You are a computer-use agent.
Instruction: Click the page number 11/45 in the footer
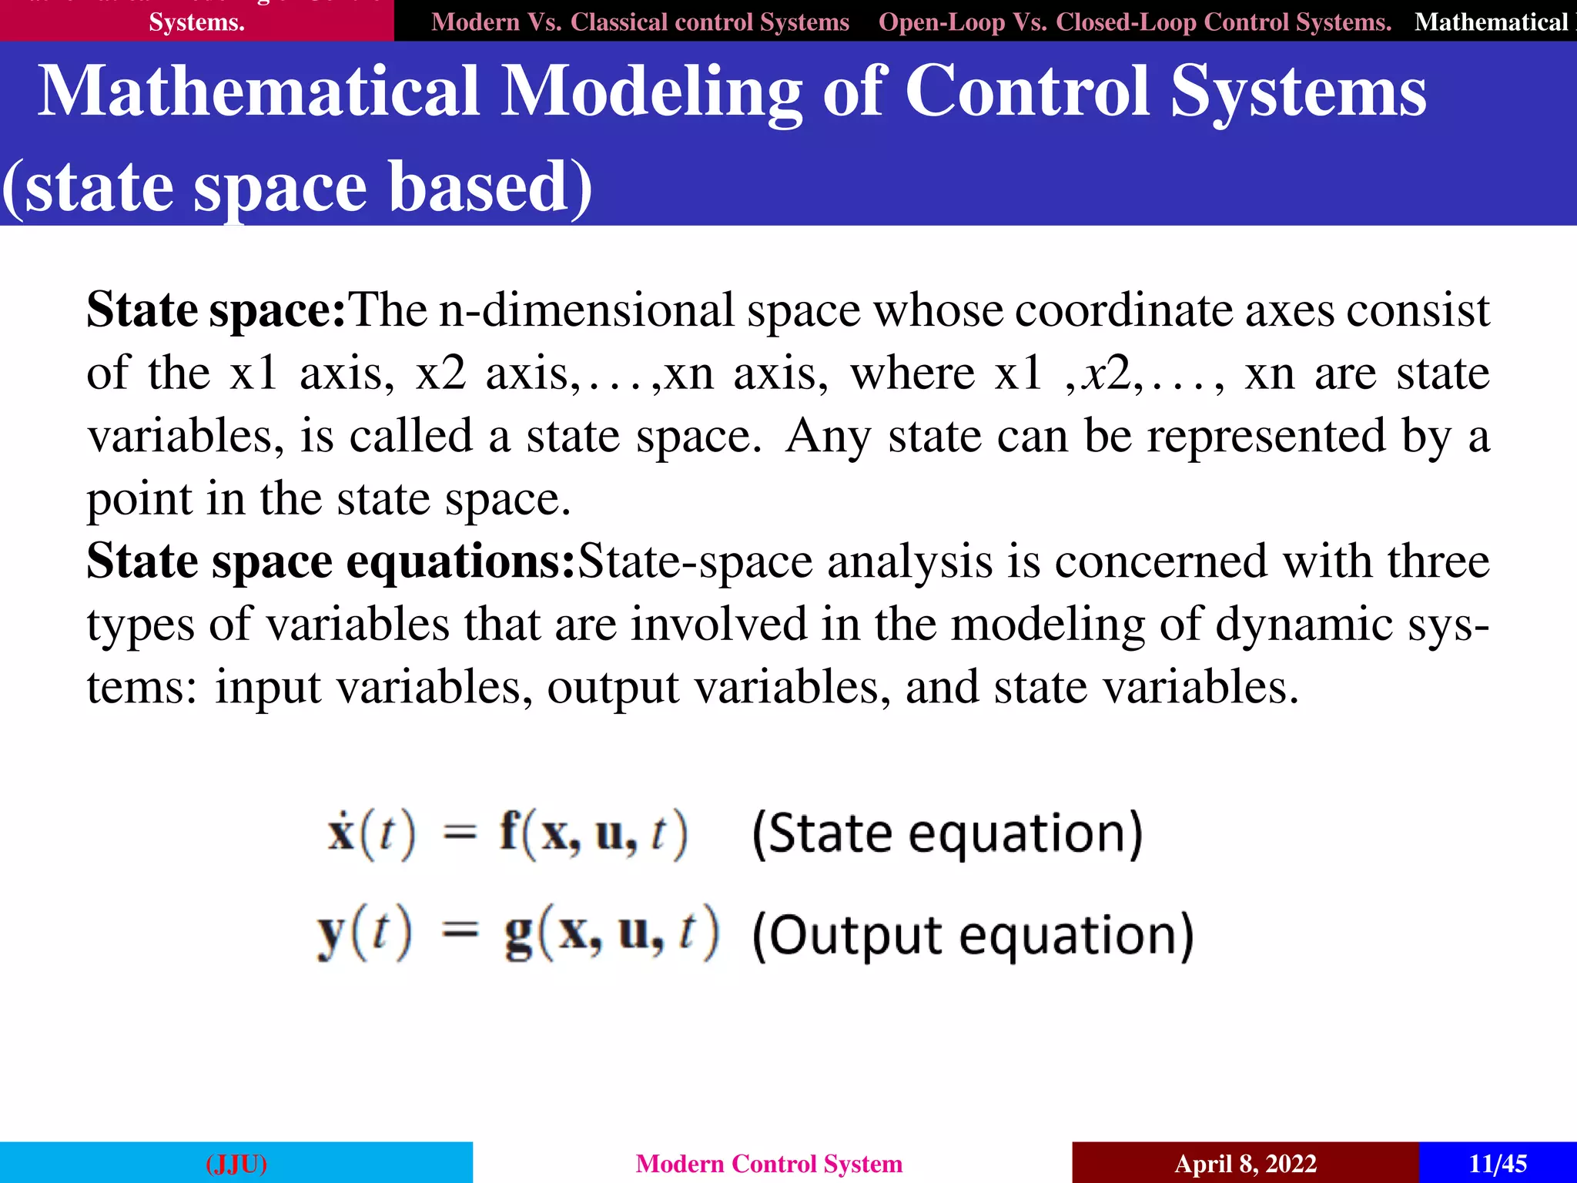coord(1498,1163)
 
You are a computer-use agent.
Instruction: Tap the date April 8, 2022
coord(1245,1163)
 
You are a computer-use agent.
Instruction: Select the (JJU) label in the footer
coord(236,1163)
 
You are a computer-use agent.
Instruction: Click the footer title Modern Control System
coord(768,1163)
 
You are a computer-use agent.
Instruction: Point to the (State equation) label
coord(947,833)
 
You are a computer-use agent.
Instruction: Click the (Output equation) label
coord(973,935)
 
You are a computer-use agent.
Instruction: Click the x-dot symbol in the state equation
coord(341,832)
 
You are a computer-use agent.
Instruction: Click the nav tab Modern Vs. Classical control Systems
coord(640,22)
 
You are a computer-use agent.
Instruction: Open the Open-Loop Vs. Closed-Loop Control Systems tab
coord(1134,22)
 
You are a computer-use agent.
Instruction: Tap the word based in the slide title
coord(477,187)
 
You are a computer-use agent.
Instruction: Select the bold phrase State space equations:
coord(331,561)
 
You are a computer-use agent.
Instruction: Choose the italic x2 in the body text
coord(1107,374)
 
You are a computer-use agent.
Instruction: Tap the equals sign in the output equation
coord(460,933)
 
